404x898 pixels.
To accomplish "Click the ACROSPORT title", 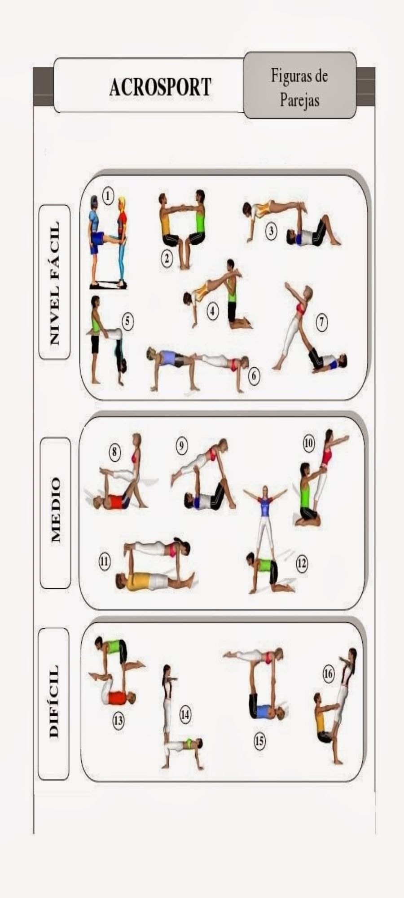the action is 160,87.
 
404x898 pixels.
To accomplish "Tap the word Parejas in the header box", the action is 299,99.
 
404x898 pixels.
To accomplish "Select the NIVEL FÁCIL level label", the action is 54,282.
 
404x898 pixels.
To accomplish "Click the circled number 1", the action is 108,196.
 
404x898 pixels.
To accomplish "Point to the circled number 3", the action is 271,231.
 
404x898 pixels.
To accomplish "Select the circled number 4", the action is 212,312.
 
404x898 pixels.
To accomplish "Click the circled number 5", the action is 128,321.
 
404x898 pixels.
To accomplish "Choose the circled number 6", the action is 254,375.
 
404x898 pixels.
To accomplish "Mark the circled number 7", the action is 321,322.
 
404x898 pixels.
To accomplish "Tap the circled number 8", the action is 114,451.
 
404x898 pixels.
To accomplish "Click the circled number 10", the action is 309,444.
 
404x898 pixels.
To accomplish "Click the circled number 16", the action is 329,674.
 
